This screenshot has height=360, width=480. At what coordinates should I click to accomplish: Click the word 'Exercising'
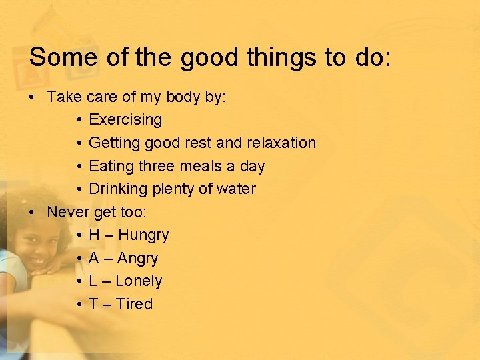125,120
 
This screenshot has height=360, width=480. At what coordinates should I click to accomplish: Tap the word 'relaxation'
281,143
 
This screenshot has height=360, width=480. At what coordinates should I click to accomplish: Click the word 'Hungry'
143,235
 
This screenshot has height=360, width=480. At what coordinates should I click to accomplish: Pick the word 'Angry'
137,259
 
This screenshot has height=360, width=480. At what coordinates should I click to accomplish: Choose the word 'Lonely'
139,281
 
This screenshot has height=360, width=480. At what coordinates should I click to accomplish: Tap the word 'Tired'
134,304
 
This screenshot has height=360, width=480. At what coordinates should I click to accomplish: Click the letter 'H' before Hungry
94,235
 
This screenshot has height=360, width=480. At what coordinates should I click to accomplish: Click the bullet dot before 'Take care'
32,97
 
